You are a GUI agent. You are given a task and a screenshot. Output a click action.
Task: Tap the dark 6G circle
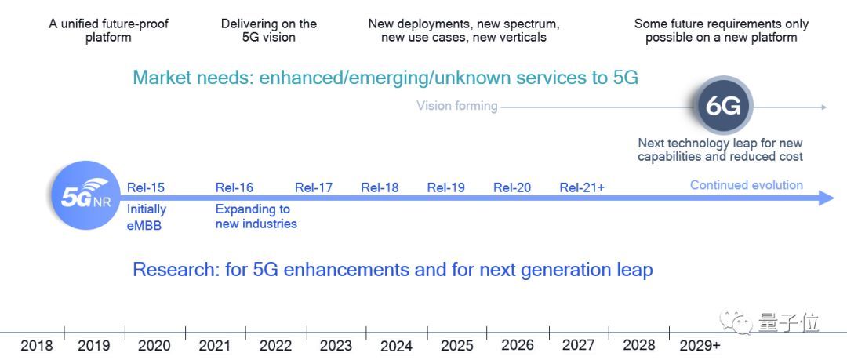click(x=724, y=107)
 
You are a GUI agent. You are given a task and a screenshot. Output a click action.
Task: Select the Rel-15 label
click(x=145, y=187)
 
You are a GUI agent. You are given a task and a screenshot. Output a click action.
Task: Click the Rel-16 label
click(x=234, y=187)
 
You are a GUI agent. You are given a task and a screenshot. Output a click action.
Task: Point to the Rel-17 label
click(x=314, y=187)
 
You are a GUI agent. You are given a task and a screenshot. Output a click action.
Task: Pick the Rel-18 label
click(x=380, y=187)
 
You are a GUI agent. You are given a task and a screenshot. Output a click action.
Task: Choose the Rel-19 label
click(x=445, y=187)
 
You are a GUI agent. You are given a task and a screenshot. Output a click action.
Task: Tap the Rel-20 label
click(x=512, y=187)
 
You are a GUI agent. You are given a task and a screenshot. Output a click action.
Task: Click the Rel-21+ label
click(x=582, y=187)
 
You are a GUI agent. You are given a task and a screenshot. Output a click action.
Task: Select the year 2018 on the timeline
click(x=36, y=345)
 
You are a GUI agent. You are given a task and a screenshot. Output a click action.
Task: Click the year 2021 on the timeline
click(x=214, y=345)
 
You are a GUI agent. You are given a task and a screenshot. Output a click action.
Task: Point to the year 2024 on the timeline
click(x=396, y=345)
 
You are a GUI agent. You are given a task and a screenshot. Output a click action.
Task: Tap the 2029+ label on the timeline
click(x=700, y=345)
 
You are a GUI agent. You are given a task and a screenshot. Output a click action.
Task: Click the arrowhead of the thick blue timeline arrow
click(x=826, y=198)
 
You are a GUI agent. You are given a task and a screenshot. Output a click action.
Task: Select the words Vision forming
click(x=456, y=106)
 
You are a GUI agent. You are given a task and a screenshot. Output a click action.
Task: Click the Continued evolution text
click(x=746, y=185)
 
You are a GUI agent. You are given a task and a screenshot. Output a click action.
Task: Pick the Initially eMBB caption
click(x=147, y=216)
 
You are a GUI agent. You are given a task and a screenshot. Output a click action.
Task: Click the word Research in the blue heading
click(x=175, y=270)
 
